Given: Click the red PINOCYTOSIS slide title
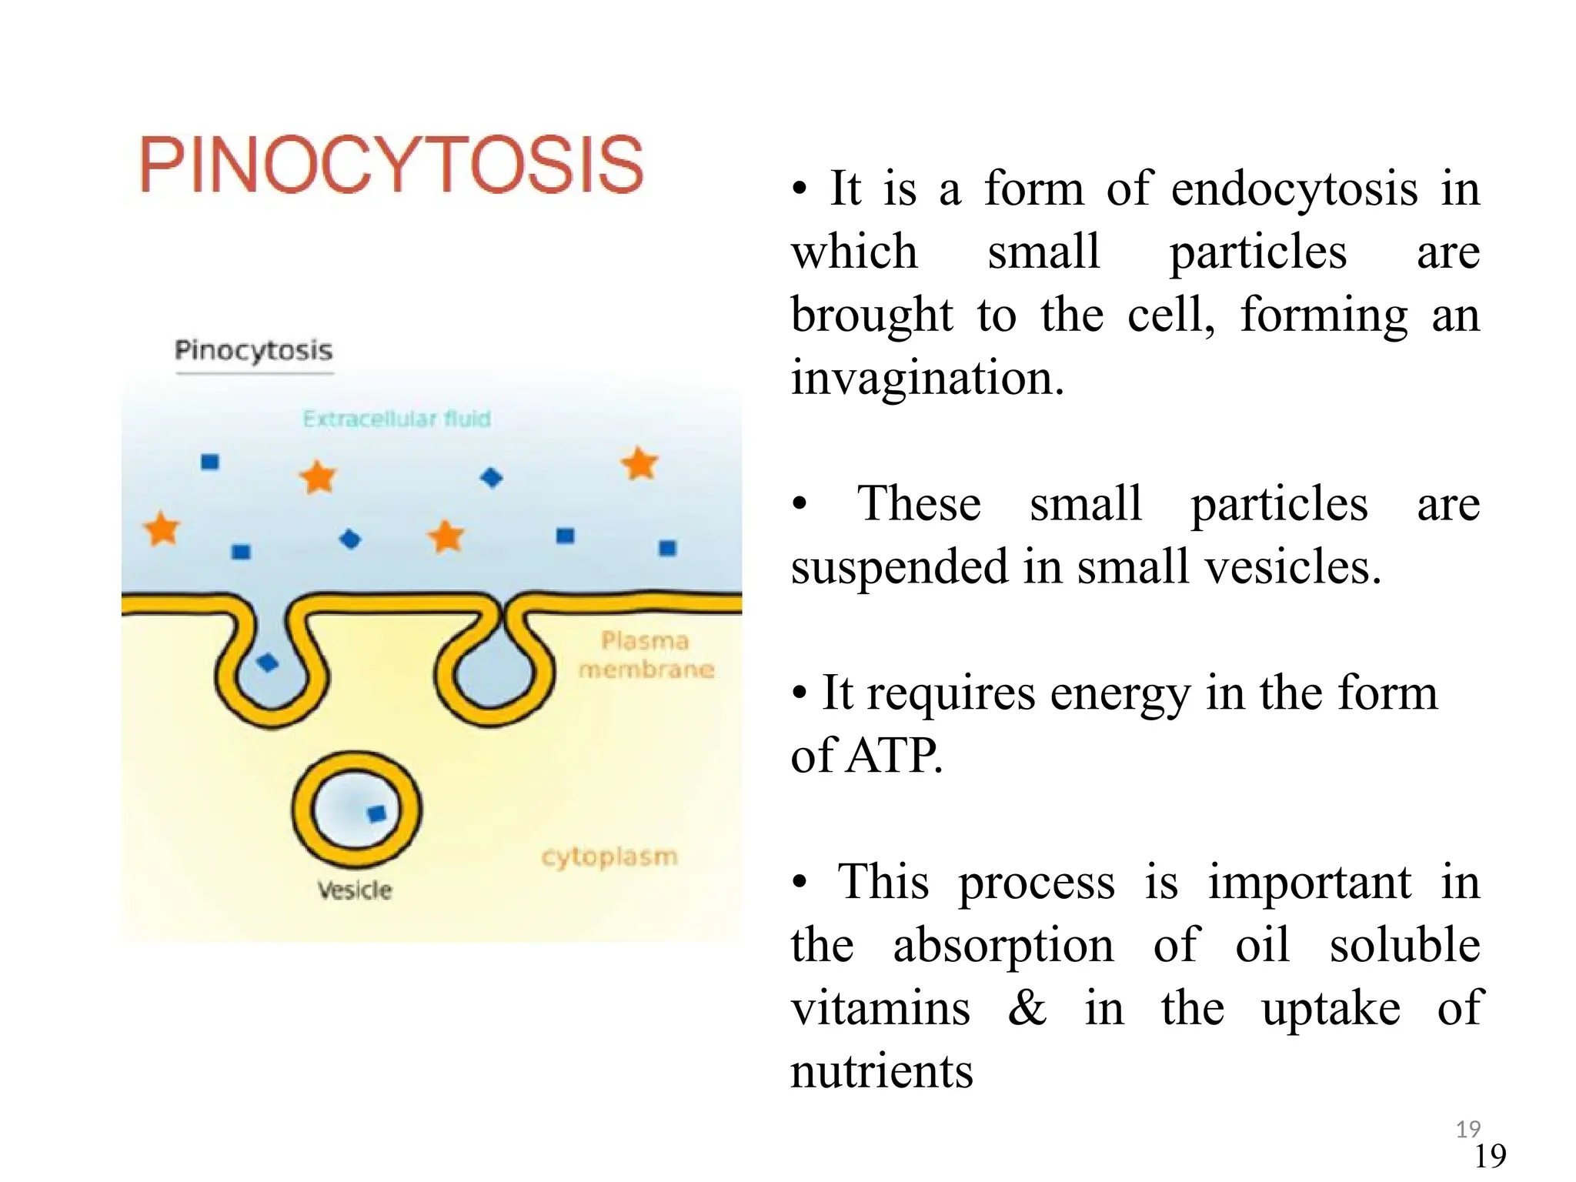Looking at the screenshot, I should point(391,165).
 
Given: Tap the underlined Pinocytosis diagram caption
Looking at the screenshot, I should point(253,351).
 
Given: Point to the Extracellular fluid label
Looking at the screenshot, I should point(396,419).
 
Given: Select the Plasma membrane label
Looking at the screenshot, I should point(646,655).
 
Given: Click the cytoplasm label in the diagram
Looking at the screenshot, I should point(609,856).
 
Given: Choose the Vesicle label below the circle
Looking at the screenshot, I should point(355,890).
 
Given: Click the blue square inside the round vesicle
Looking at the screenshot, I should point(376,813).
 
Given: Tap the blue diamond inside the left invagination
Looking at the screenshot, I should point(267,662).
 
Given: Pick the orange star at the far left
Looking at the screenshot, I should point(162,529).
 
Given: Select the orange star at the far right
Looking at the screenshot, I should point(639,464).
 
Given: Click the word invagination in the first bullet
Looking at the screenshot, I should point(927,378).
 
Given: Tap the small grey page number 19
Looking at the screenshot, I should point(1468,1129).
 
